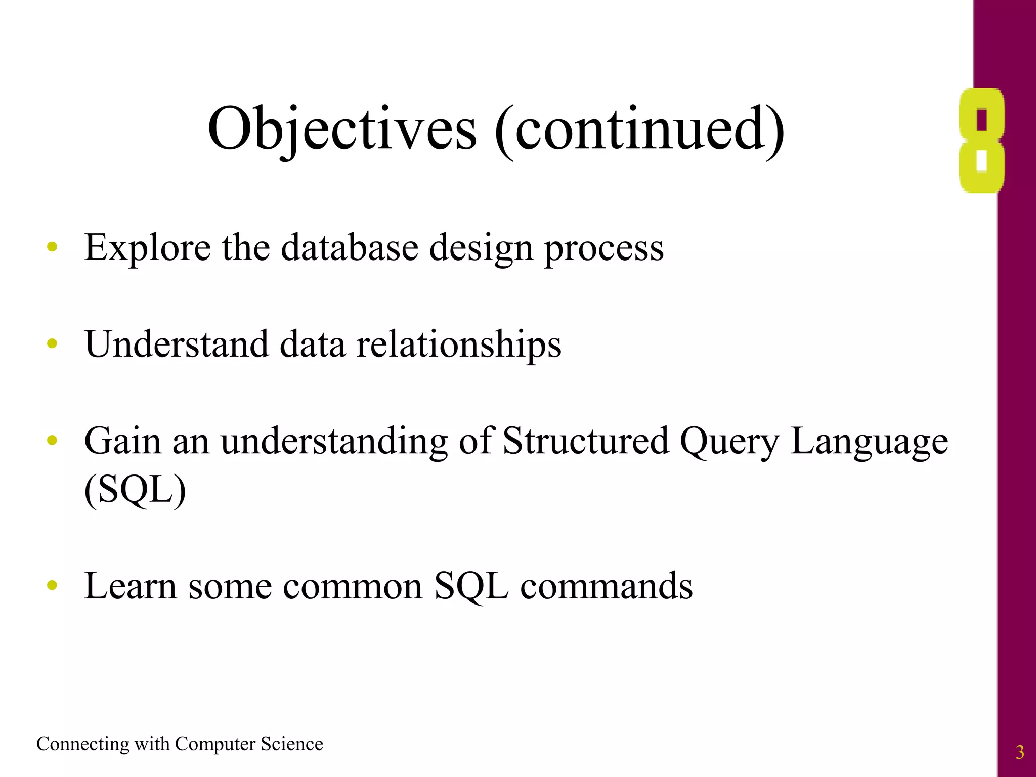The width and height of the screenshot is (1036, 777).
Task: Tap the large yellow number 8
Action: (x=981, y=141)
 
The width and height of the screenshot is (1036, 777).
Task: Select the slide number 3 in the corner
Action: (x=1020, y=752)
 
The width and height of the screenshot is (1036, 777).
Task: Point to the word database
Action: (x=350, y=248)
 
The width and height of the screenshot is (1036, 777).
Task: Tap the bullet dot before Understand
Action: (x=52, y=344)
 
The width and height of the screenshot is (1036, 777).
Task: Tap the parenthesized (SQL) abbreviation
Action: (x=135, y=490)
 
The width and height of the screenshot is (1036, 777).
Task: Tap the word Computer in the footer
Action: (x=215, y=744)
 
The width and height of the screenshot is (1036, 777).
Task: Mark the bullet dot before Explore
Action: (x=52, y=247)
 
